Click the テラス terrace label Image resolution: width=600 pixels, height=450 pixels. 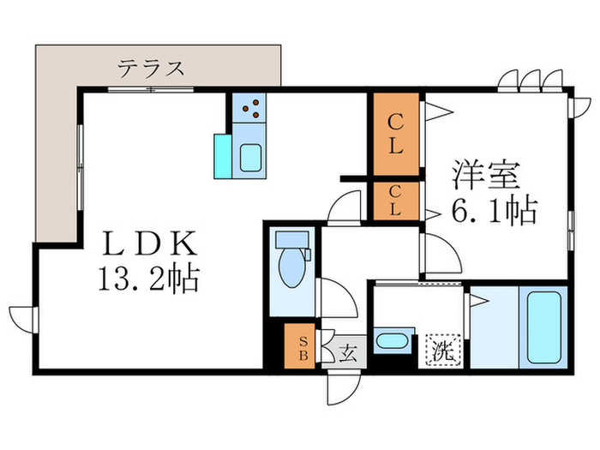(152, 68)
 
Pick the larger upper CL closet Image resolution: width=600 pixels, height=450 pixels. (394, 134)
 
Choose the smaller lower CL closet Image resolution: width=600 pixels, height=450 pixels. (394, 202)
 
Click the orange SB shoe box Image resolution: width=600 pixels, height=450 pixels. (302, 345)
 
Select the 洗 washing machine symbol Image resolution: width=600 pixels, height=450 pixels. (441, 350)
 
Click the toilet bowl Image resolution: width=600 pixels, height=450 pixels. (291, 271)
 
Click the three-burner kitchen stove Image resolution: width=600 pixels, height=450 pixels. (251, 109)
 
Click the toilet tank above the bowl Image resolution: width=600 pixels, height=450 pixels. (291, 237)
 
